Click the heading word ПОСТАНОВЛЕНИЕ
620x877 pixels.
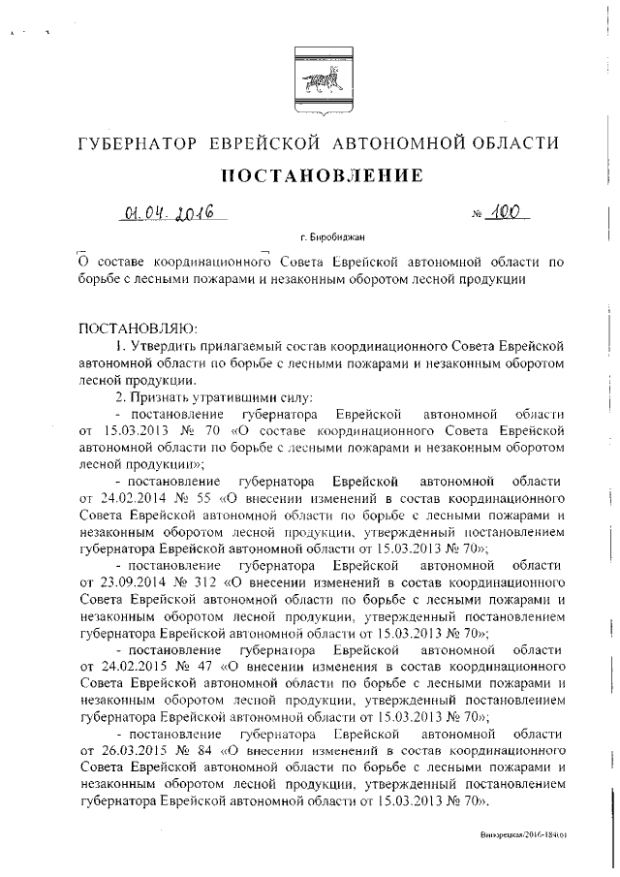point(323,176)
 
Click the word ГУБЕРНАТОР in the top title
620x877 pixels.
point(138,143)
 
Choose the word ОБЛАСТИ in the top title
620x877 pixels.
point(512,143)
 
